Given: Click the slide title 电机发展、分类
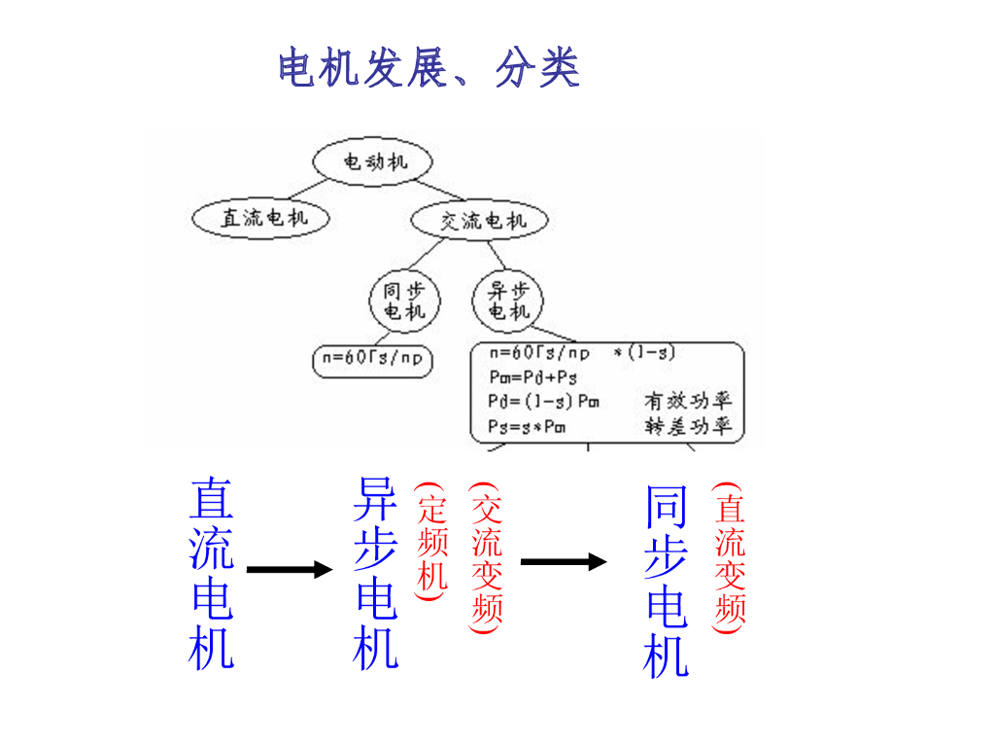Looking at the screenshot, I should [x=429, y=68].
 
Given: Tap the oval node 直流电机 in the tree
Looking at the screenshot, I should [x=260, y=218].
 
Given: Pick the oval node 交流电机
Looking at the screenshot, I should [x=480, y=221].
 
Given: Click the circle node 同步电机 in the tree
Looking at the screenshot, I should [x=404, y=301].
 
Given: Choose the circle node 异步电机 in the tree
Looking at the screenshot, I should [x=508, y=301].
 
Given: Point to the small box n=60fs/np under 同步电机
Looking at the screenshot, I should [x=373, y=358].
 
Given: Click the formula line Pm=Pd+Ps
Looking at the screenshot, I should [x=533, y=376].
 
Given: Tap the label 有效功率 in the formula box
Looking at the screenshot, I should [x=688, y=400].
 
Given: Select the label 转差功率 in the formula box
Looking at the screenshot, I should [x=688, y=425].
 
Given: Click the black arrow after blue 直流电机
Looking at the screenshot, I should [x=290, y=570].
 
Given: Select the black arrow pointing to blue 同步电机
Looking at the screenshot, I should [x=564, y=562].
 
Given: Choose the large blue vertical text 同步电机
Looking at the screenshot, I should [x=667, y=581].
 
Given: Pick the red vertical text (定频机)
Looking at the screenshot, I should [x=431, y=541].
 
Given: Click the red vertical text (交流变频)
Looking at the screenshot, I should [x=485, y=556].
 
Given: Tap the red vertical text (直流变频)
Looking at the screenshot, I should [x=729, y=556].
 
